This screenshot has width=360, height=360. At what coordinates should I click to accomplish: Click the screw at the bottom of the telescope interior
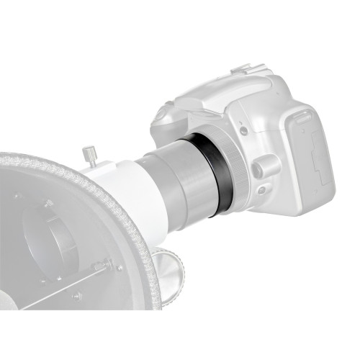tap(76, 295)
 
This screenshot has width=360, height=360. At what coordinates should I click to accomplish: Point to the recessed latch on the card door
tap(312, 156)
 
